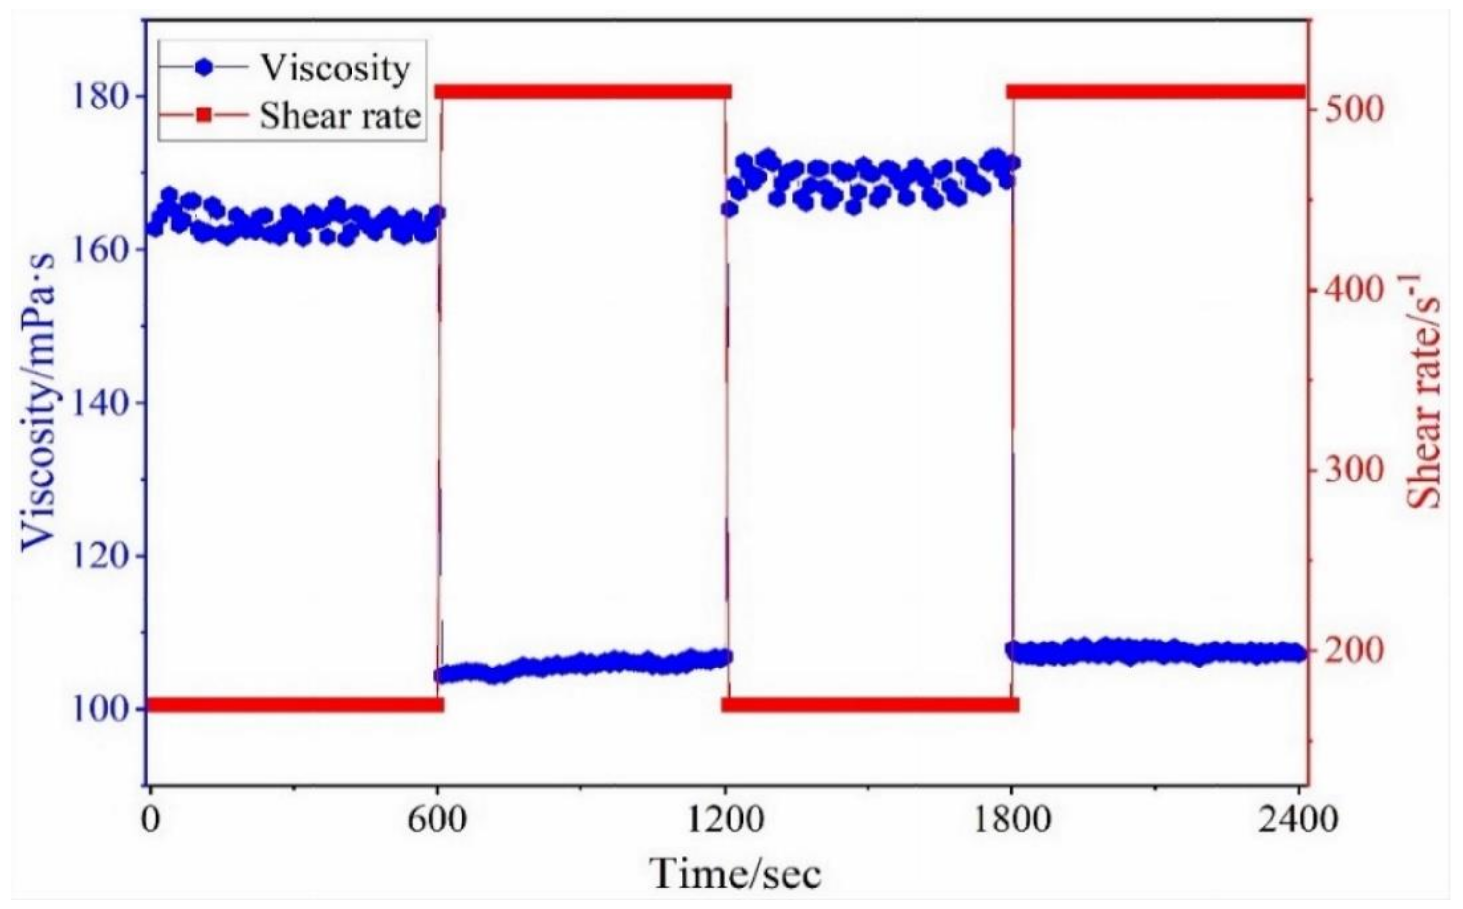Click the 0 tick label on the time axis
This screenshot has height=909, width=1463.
coord(150,819)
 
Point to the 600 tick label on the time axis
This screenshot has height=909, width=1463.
coord(437,819)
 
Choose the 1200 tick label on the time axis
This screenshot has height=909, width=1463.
coord(726,819)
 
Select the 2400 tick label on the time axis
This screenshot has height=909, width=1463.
coord(1299,819)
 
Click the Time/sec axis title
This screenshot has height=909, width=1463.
coord(735,874)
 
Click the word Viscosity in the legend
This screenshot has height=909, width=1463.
coord(335,67)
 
